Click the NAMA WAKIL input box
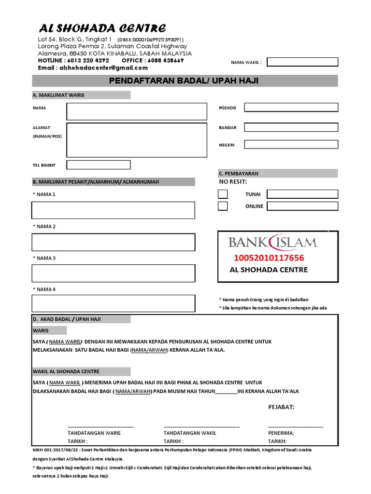point(302,62)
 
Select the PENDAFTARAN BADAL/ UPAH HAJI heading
point(184,81)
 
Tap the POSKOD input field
point(291,108)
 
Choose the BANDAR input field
point(291,127)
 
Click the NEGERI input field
point(291,144)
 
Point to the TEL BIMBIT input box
point(99,165)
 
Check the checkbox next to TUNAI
point(223,194)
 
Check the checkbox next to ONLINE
point(223,206)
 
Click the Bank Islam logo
point(272,242)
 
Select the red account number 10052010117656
point(269,258)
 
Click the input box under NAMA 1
point(113,210)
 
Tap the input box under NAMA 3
point(113,273)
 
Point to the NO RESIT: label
point(233,182)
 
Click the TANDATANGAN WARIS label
point(94,433)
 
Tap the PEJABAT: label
point(281,407)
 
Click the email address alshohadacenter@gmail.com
point(102,68)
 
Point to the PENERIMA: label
point(281,433)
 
